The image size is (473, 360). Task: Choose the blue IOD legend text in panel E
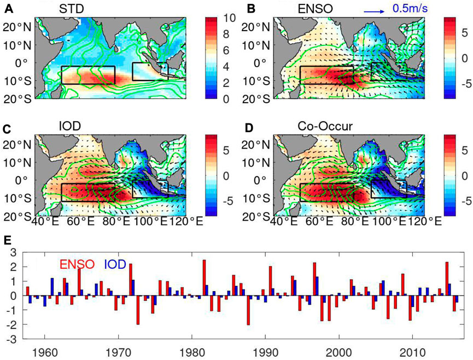(x=115, y=265)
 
